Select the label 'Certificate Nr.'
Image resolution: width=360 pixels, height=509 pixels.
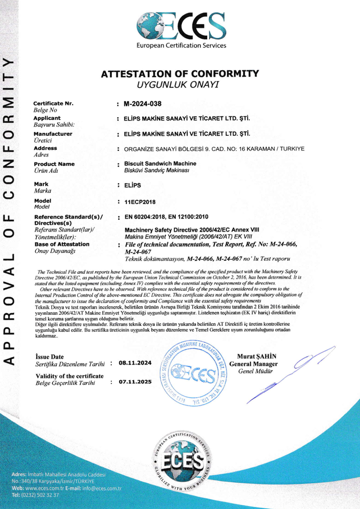[x=54, y=104]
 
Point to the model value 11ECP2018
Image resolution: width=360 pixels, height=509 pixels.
[x=139, y=202]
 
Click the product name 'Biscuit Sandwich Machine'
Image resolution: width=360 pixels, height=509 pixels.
[x=154, y=163]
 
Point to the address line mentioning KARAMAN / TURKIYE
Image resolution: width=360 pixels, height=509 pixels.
[x=214, y=149]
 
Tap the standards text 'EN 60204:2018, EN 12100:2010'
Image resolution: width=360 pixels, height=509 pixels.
[x=166, y=216]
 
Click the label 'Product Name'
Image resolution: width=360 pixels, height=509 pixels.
[x=54, y=164]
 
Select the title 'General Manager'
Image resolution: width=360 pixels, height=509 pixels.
[x=253, y=364]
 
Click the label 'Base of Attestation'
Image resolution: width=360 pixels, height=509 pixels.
[x=61, y=244]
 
